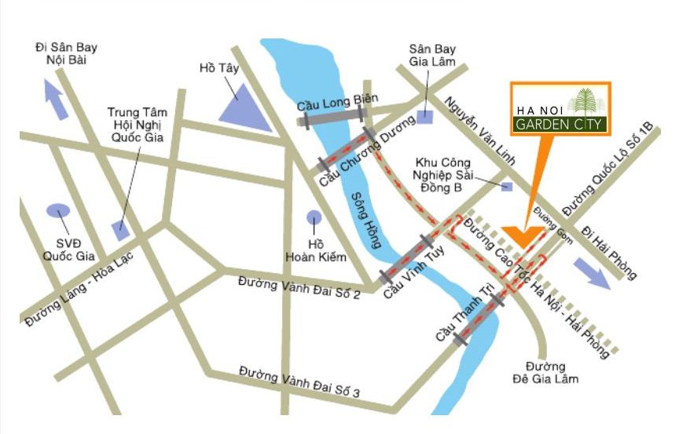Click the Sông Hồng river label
coord(367,221)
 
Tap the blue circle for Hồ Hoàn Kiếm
coord(314,217)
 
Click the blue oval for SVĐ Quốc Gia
coord(58,210)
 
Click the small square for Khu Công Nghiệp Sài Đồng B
coord(507,186)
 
